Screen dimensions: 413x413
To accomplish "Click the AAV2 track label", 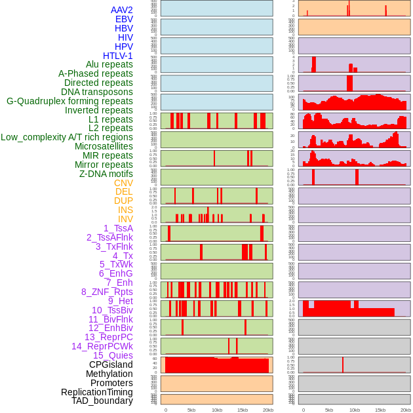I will pos(122,10).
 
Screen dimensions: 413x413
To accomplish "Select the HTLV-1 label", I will pos(118,56).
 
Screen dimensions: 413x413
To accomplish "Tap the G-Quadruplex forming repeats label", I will pos(69,101).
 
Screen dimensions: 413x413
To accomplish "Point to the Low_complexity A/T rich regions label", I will pos(67,137).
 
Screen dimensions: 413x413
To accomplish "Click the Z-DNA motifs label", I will pos(106,174).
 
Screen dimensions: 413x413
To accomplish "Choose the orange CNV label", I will pos(123,183).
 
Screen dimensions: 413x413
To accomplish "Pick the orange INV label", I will pos(125,219).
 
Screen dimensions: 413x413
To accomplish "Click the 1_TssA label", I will pos(118,228).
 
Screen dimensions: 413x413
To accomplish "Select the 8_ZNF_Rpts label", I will pos(107,292).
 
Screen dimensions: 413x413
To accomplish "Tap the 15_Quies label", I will pos(113,355).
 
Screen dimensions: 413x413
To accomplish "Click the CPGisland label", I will pos(111,364).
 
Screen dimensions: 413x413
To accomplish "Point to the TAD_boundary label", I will pos(102,401).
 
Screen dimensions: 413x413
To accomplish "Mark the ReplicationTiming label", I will pos(97,392).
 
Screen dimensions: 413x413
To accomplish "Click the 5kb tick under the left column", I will pos(191,410).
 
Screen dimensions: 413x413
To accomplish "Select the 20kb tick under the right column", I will pos(406,410).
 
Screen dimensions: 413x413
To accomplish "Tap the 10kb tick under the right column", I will pos(355,410).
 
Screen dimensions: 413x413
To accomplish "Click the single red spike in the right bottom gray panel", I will pos(343,365).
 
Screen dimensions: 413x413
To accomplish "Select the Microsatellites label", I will pos(104,146).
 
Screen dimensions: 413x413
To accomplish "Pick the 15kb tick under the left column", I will pos(243,410).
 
